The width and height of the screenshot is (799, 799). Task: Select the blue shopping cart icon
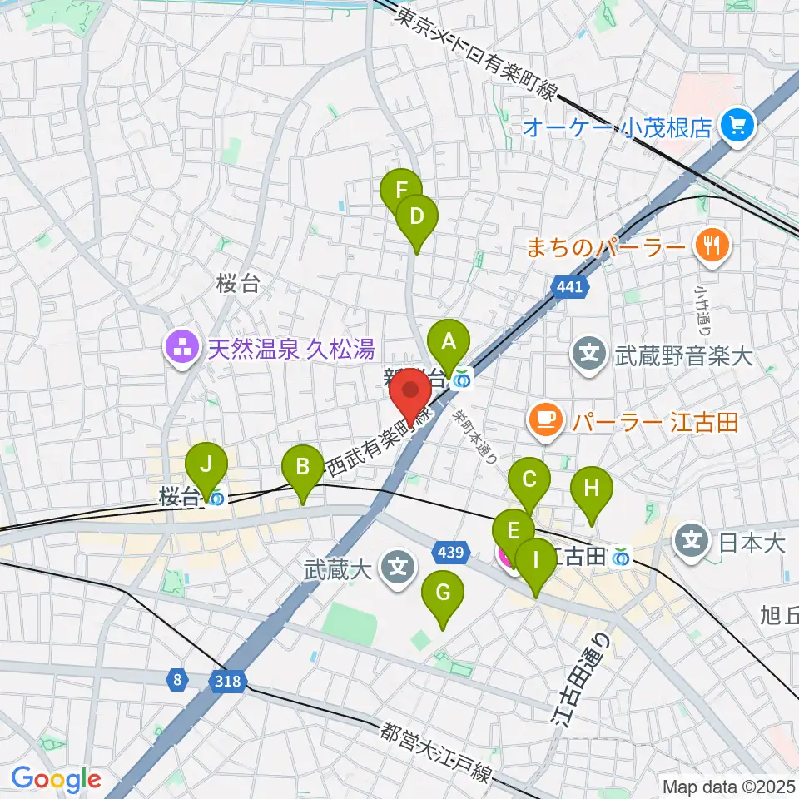[x=737, y=126]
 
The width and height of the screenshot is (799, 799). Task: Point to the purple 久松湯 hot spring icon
[x=180, y=345]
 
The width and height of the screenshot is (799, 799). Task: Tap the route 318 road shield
[x=229, y=681]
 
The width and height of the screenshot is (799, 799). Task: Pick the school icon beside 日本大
[x=693, y=543]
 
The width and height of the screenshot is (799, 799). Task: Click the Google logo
[x=56, y=780]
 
